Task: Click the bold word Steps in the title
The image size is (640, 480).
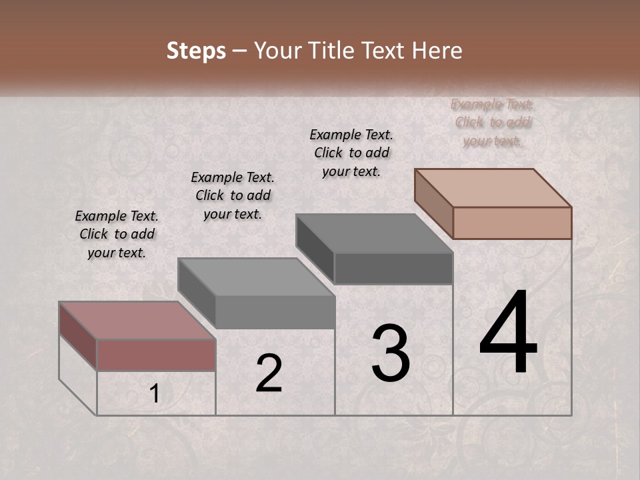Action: [196, 51]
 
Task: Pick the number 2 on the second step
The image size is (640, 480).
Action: [269, 373]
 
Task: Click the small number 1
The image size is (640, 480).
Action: [155, 394]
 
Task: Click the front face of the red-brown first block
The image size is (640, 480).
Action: [156, 355]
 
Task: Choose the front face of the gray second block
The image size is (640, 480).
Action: [275, 312]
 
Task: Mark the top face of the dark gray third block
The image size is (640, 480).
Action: [374, 233]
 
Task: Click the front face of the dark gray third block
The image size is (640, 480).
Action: [393, 269]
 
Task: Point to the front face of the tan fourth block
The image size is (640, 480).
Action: [512, 223]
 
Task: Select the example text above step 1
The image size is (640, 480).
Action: [117, 234]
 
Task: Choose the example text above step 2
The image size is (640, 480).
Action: [233, 195]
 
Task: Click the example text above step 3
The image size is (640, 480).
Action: [351, 153]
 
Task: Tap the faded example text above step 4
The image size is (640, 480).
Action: [493, 122]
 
